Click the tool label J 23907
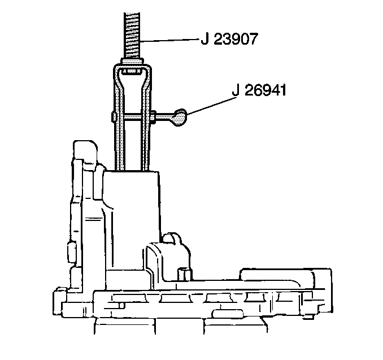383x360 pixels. click(229, 39)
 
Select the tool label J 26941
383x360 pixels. click(259, 90)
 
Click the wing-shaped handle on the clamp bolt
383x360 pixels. click(180, 118)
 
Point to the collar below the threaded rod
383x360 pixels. click(132, 62)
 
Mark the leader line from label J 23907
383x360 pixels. click(169, 40)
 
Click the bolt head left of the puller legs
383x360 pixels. click(114, 118)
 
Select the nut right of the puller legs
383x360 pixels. click(153, 118)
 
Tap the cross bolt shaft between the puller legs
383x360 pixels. click(133, 118)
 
